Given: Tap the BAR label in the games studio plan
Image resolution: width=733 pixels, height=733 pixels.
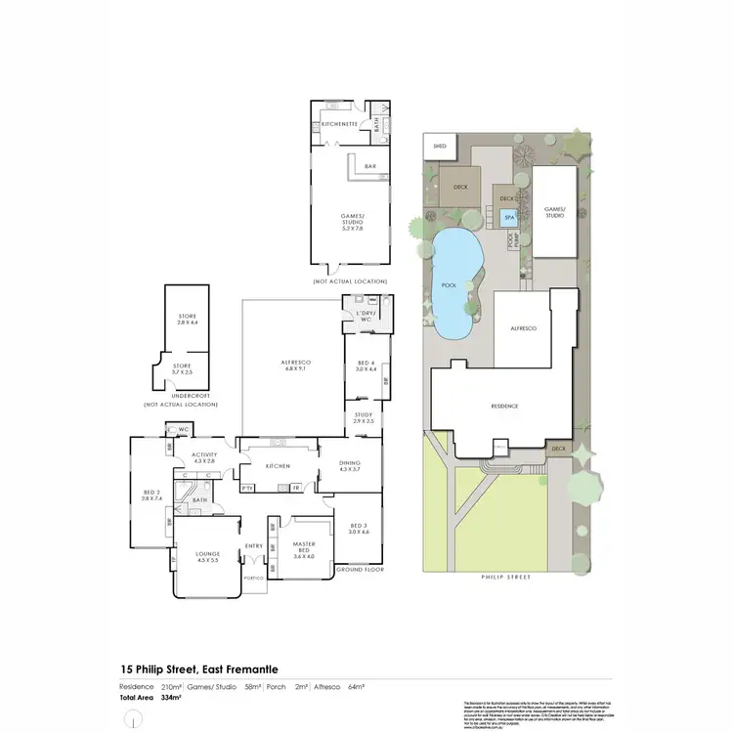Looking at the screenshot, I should [x=370, y=167].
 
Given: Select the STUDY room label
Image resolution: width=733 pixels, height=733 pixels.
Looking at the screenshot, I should [x=364, y=417].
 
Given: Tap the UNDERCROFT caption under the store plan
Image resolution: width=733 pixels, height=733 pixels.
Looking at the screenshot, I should [x=180, y=396].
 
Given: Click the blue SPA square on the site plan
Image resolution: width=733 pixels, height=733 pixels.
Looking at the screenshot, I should [x=508, y=218].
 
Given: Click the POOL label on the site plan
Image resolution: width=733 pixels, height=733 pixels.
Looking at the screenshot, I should [x=449, y=285].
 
